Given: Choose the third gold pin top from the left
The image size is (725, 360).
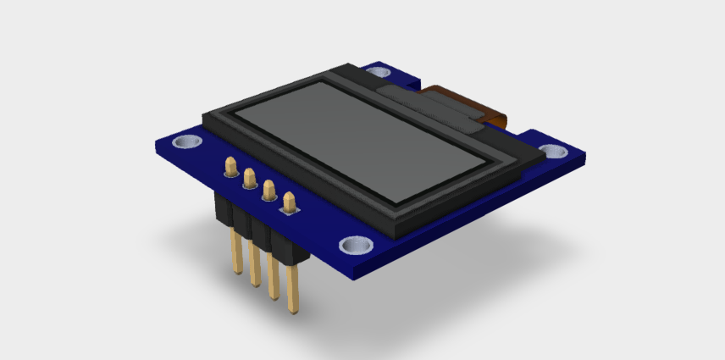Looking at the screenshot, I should [x=269, y=190].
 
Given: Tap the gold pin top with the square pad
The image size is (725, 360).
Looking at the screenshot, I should [x=290, y=202].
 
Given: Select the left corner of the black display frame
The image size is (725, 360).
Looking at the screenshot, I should [x=203, y=119].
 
